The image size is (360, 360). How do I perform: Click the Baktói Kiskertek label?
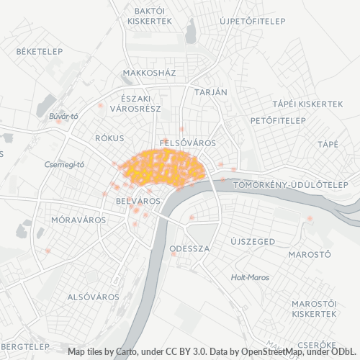pos(149,17)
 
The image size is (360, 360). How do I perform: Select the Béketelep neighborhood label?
pos(40,51)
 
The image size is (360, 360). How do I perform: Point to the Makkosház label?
pos(149,73)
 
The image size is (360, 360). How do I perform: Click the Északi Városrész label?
pos(135,103)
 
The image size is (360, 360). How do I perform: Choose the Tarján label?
pos(211,92)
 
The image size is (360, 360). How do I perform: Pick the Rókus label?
pos(109,138)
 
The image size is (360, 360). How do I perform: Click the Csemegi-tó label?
pos(65,164)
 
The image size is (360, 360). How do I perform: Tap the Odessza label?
pos(189,248)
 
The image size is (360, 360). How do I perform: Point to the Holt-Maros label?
pos(250,277)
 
